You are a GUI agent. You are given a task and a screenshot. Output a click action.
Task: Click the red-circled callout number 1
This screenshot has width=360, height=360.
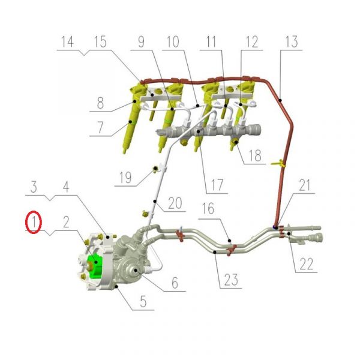pyautogui.click(x=34, y=222)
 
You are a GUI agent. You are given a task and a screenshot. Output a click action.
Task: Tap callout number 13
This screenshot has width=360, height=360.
pyautogui.click(x=292, y=41)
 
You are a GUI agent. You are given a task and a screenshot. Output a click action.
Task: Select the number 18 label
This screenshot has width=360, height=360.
pyautogui.click(x=255, y=155)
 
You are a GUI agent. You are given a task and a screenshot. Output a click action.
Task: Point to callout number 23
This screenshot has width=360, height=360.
pyautogui.click(x=231, y=280)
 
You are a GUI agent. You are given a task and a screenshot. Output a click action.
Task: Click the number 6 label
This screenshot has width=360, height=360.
pyautogui.click(x=175, y=283)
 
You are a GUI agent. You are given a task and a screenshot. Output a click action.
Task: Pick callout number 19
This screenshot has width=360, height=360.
pyautogui.click(x=125, y=178)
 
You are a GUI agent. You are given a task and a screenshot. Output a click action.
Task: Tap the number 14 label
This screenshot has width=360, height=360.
pyautogui.click(x=67, y=41)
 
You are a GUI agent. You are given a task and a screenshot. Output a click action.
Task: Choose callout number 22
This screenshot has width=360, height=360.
pyautogui.click(x=307, y=264)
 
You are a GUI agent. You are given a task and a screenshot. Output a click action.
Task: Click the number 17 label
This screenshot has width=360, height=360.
pyautogui.click(x=217, y=185)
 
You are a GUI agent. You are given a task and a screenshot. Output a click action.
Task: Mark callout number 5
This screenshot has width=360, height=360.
pyautogui.click(x=143, y=301)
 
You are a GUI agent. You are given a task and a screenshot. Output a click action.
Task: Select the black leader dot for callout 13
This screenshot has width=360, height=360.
pyautogui.click(x=280, y=100)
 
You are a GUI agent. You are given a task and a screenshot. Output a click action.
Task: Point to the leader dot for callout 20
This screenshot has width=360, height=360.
pyautogui.click(x=155, y=202)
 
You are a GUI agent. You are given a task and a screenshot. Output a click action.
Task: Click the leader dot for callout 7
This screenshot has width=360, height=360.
pyautogui.click(x=130, y=122)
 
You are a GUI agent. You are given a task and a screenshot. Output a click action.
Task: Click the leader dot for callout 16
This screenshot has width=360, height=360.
pyautogui.click(x=229, y=241)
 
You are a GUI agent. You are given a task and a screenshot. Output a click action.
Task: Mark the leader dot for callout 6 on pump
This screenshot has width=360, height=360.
pyautogui.click(x=136, y=271)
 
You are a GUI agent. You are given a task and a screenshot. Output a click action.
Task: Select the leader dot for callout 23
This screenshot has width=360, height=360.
pyautogui.click(x=215, y=252)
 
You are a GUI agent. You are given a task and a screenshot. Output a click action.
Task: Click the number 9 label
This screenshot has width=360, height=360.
pyautogui.click(x=141, y=42)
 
